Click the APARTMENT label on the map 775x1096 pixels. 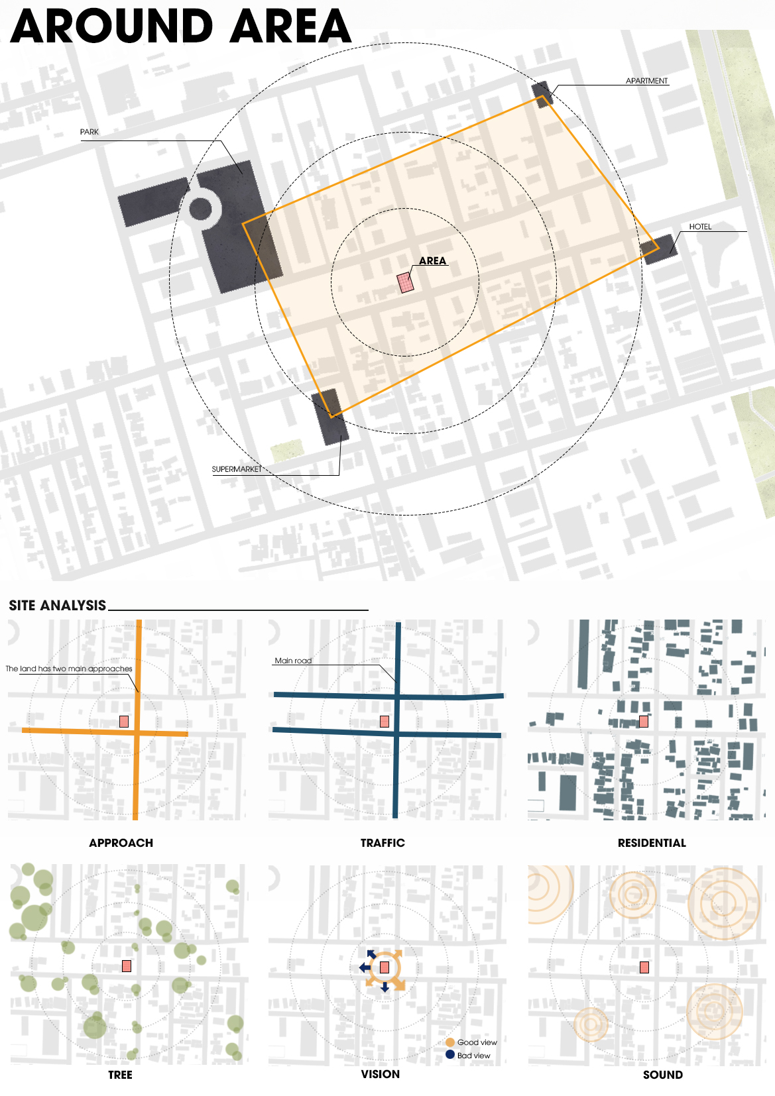(x=646, y=81)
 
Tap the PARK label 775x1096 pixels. (x=89, y=132)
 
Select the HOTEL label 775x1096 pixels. (x=700, y=227)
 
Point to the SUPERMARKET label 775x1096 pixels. (x=237, y=469)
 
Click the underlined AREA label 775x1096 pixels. (x=432, y=261)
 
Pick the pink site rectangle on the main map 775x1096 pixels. (x=405, y=282)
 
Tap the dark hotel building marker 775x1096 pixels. (x=659, y=248)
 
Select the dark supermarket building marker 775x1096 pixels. (x=330, y=416)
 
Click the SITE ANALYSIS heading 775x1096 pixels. (x=57, y=606)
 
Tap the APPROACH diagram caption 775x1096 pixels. (x=121, y=843)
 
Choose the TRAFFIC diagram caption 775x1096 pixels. (x=383, y=843)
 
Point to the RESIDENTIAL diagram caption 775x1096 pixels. (x=652, y=843)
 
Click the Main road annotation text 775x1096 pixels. (x=293, y=661)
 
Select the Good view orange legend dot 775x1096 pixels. (x=450, y=1042)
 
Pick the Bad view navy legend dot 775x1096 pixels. (x=450, y=1054)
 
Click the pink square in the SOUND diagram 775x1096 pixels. (x=644, y=967)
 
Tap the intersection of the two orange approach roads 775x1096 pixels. (x=137, y=732)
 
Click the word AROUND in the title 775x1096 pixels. (x=111, y=27)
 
